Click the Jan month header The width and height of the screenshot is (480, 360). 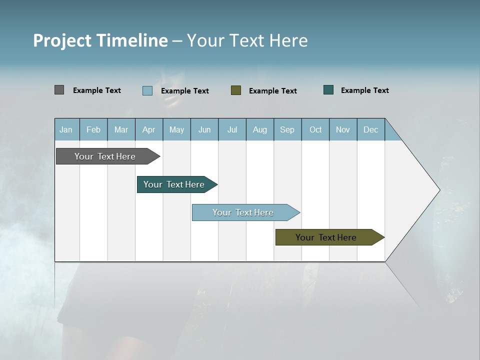point(66,129)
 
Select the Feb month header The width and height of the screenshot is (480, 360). point(93,129)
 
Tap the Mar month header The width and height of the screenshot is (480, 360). point(121,129)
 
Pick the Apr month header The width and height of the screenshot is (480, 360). point(148,129)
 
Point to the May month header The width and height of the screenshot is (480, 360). point(176,129)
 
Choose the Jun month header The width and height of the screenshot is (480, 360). point(204,129)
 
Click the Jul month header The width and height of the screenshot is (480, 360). point(232,129)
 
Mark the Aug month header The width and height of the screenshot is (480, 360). point(260,129)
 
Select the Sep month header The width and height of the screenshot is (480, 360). point(287,129)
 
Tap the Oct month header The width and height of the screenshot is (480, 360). point(315,129)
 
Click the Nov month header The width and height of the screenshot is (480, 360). point(343,129)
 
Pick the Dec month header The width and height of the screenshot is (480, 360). point(371,129)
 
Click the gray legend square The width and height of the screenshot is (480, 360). point(59,90)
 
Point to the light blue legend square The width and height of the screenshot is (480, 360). point(147,90)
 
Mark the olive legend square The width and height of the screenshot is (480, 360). point(236,90)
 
